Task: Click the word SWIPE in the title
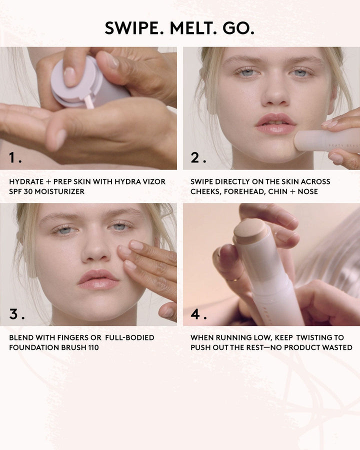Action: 133,28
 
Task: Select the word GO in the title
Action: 238,28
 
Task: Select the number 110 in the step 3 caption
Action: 92,347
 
